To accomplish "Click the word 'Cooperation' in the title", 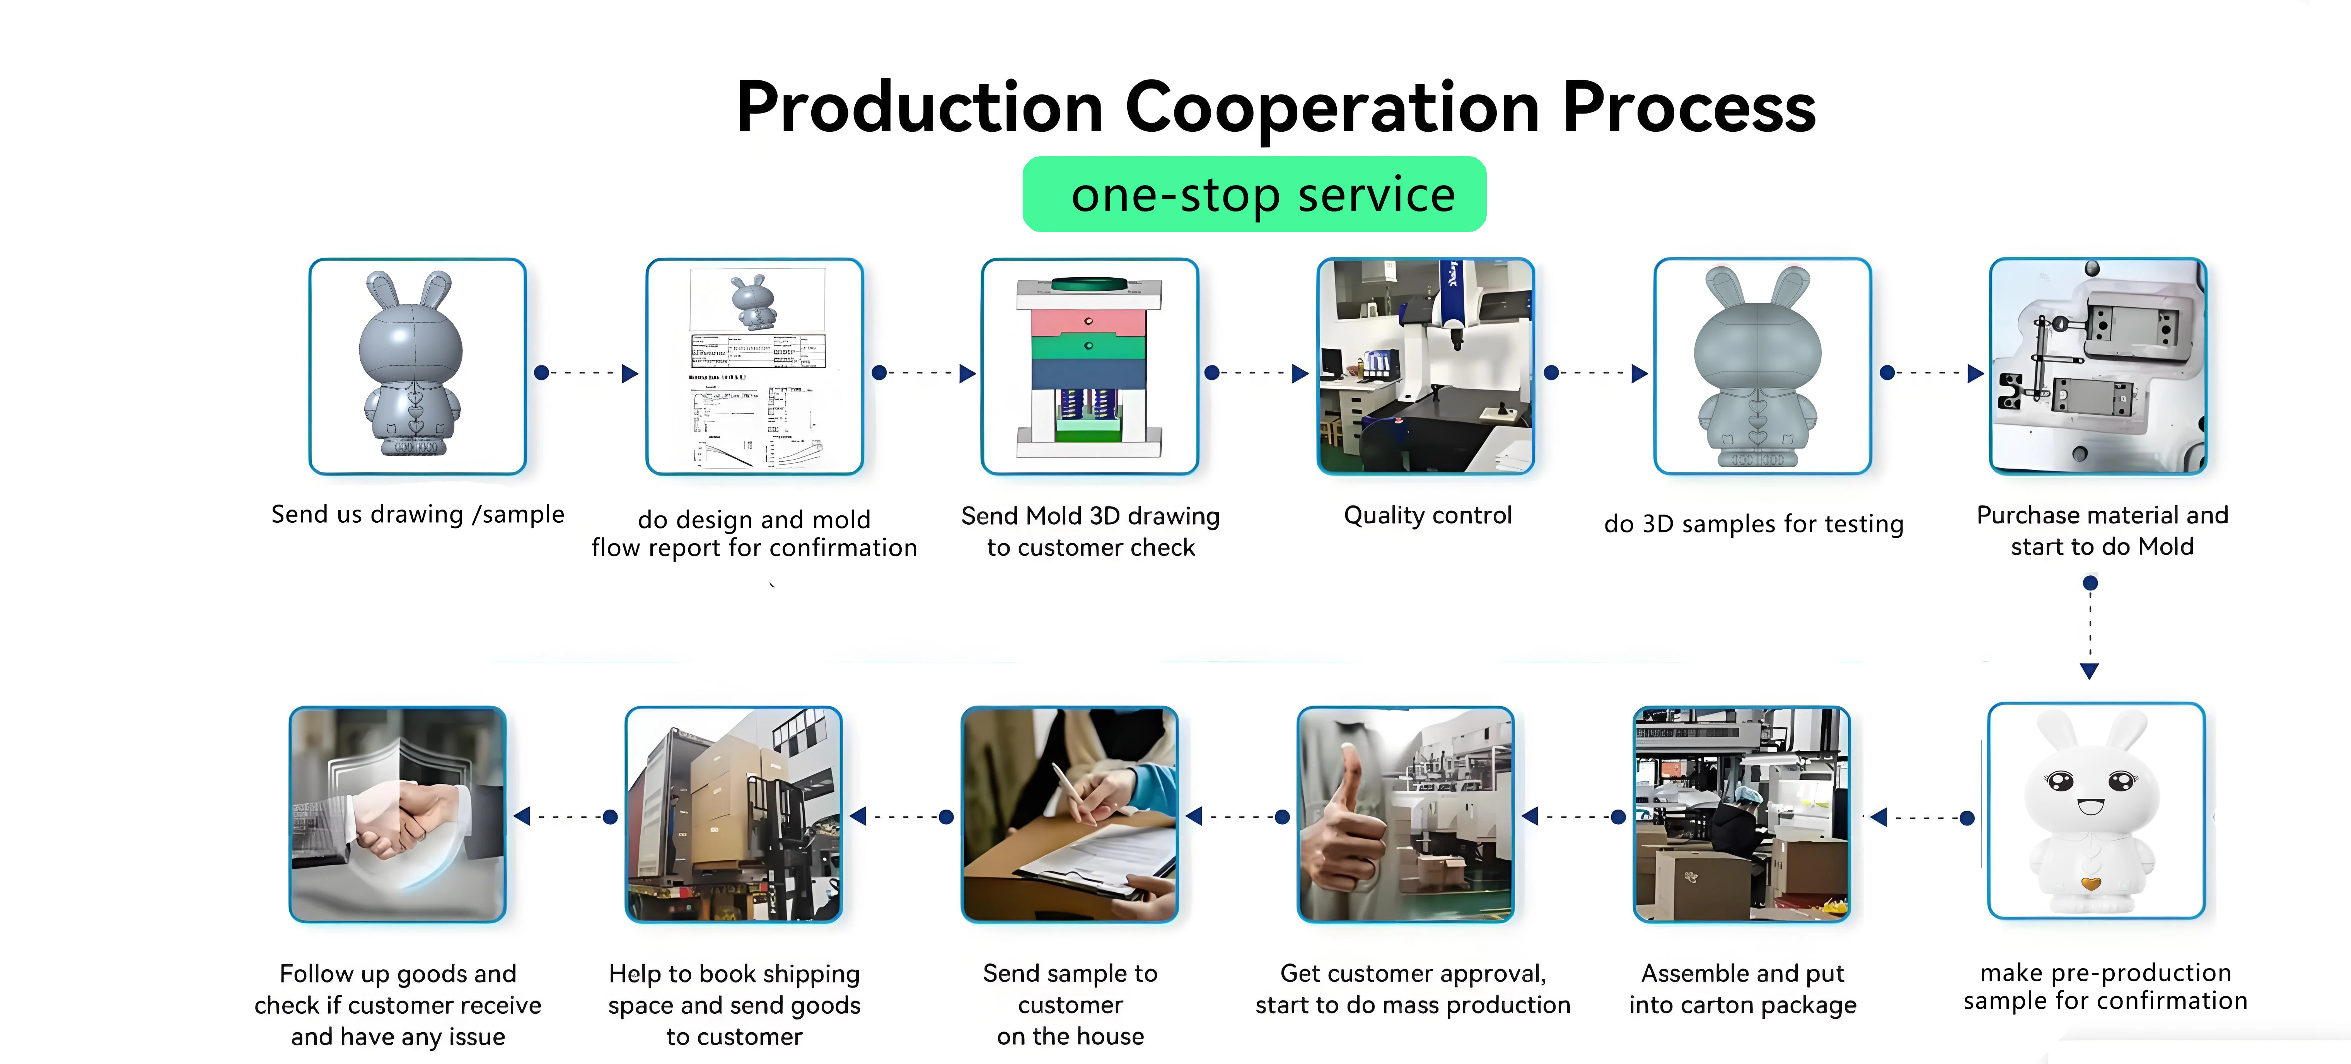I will click(x=1332, y=108).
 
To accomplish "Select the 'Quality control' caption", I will click(x=1427, y=516).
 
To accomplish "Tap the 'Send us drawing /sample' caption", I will click(x=417, y=515).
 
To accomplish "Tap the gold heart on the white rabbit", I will click(x=2091, y=882).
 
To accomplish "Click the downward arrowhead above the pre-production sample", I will click(x=2089, y=671).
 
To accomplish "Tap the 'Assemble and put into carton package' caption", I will click(x=1742, y=989).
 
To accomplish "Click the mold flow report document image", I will click(x=755, y=367).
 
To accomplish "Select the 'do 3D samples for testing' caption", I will click(x=1753, y=524).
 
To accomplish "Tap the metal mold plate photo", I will click(x=2097, y=367).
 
